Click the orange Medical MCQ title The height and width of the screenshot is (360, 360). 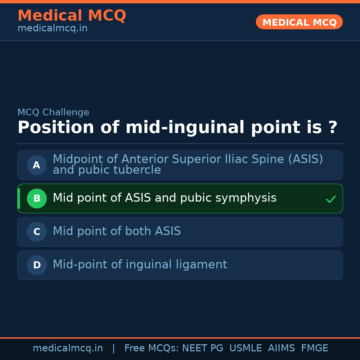click(x=72, y=16)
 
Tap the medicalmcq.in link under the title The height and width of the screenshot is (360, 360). click(x=52, y=29)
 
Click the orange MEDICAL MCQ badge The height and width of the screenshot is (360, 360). click(x=299, y=22)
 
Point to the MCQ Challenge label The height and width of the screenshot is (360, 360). click(x=53, y=113)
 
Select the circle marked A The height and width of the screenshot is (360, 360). click(x=37, y=165)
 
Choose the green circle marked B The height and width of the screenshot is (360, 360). click(x=37, y=198)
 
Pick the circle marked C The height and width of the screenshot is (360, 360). click(x=37, y=232)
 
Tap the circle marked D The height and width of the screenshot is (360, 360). click(x=37, y=265)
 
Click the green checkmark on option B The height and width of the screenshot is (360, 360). click(x=331, y=199)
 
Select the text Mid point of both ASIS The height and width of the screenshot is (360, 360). click(x=117, y=231)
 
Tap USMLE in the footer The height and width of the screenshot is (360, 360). click(x=245, y=348)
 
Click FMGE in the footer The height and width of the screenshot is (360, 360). click(x=314, y=348)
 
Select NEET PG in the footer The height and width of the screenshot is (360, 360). click(x=203, y=348)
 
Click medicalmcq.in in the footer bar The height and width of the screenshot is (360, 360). click(x=68, y=348)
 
